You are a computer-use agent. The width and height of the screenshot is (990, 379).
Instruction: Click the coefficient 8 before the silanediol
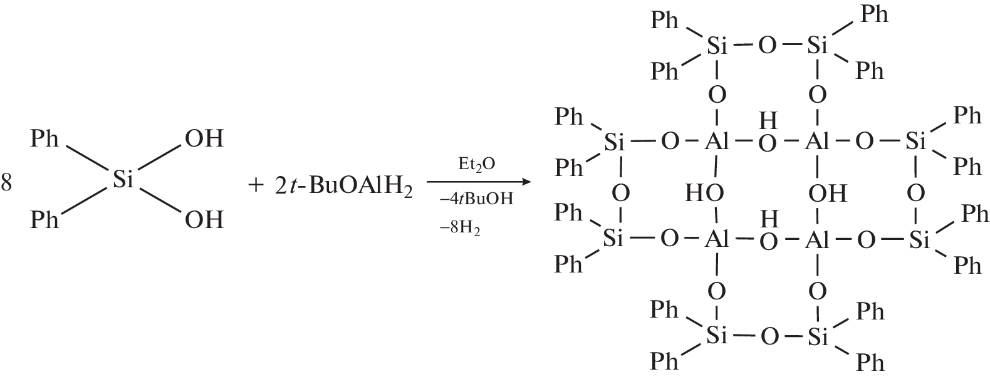[6, 183]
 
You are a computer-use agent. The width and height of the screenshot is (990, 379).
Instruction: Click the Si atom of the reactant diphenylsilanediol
[122, 179]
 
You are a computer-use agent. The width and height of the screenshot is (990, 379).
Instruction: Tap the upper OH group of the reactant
[204, 138]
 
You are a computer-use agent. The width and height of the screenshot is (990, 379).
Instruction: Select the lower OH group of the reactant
[204, 219]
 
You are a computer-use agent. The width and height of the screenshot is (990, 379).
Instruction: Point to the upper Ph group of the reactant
[44, 138]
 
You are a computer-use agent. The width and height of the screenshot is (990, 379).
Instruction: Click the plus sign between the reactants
[256, 185]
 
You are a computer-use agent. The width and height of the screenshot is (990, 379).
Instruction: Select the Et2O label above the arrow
[476, 165]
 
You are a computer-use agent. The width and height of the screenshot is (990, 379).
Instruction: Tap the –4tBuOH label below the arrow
[476, 199]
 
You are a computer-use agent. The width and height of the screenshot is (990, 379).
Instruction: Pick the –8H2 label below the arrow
[460, 229]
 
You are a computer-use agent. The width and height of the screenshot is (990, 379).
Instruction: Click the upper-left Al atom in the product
[716, 142]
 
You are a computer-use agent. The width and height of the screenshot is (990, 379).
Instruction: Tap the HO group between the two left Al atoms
[704, 193]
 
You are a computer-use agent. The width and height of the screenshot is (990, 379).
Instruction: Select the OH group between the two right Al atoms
[827, 193]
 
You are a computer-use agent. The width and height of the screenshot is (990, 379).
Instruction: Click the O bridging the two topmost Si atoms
[767, 46]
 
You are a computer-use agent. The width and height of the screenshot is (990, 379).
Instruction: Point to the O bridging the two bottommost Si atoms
[769, 337]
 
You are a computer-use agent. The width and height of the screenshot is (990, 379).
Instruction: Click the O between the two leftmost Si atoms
[620, 193]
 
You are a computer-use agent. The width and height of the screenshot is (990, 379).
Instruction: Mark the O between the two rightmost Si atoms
[916, 193]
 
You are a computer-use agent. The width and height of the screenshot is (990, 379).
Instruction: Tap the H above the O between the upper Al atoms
[768, 120]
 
